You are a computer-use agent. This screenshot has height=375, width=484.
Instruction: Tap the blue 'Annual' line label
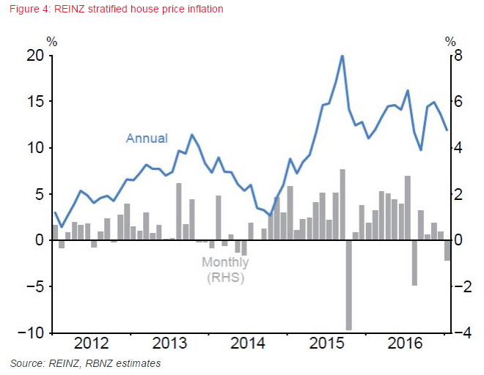point(147,138)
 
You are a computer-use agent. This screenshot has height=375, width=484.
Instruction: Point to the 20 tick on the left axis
point(34,56)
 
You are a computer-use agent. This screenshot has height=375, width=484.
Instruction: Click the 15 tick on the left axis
point(34,102)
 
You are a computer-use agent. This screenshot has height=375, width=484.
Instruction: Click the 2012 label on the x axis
point(92,344)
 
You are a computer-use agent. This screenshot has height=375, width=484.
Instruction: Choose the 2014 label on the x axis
point(248,344)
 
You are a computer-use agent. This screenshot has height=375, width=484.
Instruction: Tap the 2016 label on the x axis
point(406,344)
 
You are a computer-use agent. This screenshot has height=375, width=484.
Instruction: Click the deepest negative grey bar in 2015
point(349,285)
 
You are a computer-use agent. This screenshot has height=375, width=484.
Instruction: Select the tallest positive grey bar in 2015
point(342,204)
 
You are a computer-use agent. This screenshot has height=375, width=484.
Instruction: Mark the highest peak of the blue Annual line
point(342,56)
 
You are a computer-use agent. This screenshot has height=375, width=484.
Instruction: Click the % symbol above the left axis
point(51,41)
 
